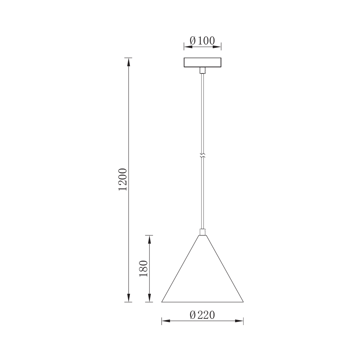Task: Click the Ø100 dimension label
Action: pyautogui.click(x=202, y=40)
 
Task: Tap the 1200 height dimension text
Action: pyautogui.click(x=123, y=179)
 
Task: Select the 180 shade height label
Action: pyautogui.click(x=144, y=268)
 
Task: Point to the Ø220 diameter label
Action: pyautogui.click(x=202, y=315)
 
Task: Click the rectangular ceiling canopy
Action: pyautogui.click(x=202, y=63)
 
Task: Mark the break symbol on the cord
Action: pyautogui.click(x=202, y=156)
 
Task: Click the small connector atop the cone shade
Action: pyautogui.click(x=202, y=232)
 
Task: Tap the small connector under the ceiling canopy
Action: pyautogui.click(x=202, y=70)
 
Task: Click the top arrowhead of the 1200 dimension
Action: pyautogui.click(x=128, y=62)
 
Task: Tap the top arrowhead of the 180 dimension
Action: pyautogui.click(x=149, y=240)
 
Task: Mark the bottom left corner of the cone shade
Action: pyautogui.click(x=162, y=302)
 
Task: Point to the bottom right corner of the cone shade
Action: pyautogui.click(x=243, y=302)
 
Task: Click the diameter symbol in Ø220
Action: pyautogui.click(x=193, y=315)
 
